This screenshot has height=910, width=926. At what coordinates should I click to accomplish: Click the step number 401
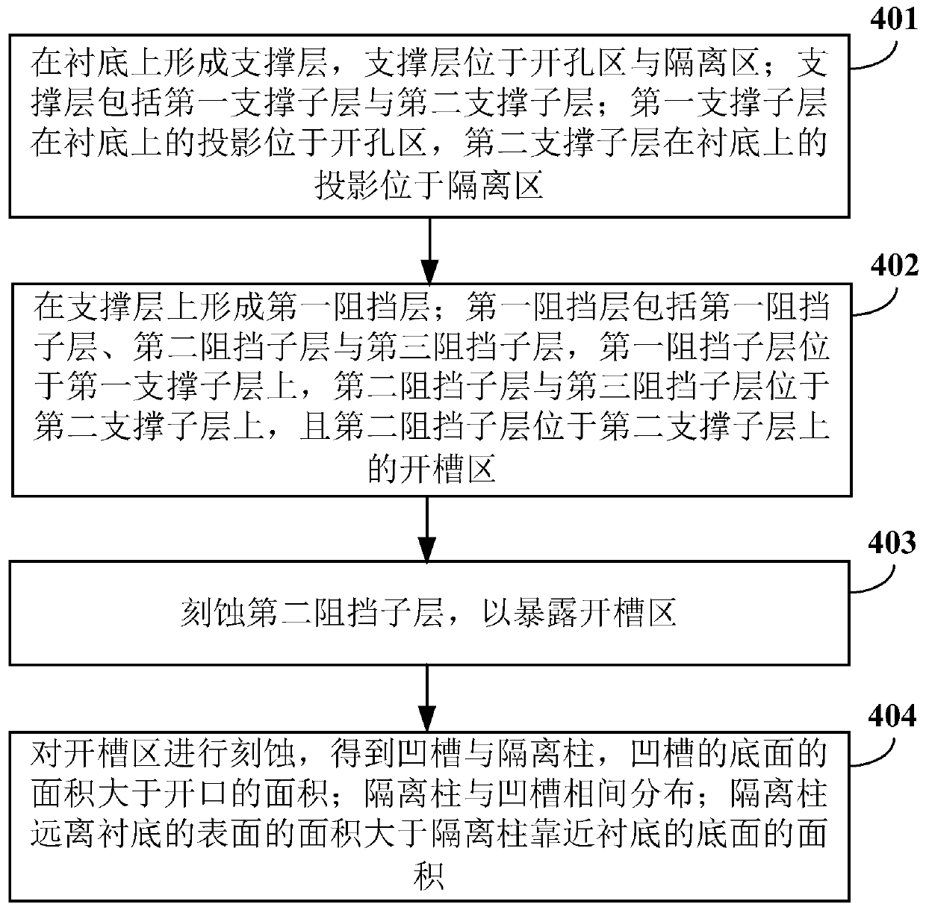click(x=893, y=19)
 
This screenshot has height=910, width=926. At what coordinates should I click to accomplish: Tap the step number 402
click(x=894, y=265)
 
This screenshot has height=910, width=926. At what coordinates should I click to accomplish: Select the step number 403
click(x=892, y=543)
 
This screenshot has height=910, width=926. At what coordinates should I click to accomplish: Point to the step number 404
click(x=892, y=717)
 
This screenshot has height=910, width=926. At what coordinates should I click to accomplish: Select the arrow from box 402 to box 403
click(x=426, y=529)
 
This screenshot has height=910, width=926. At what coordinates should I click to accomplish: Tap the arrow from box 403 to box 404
click(x=426, y=699)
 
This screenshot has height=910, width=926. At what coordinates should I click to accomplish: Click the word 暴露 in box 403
click(x=546, y=613)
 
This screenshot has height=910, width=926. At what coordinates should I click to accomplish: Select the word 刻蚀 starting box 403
click(x=214, y=613)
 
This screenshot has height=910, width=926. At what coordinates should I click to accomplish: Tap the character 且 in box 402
click(x=316, y=426)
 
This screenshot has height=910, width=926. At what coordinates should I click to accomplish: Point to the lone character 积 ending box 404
click(x=428, y=876)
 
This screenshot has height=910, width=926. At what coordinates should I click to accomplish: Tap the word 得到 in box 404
click(x=363, y=753)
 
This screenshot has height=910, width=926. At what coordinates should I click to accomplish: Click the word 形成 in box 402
click(x=232, y=307)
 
